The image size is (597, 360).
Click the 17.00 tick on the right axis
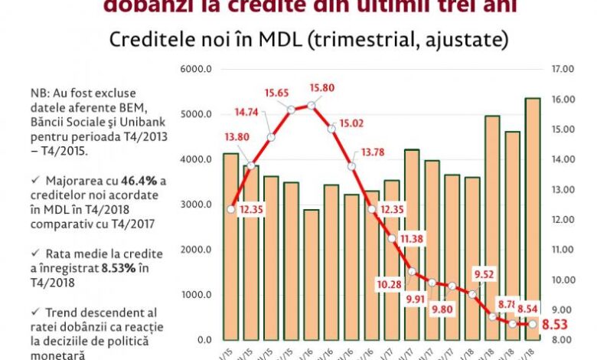563,70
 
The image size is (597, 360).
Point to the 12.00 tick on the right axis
563,220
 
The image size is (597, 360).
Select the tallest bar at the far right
532,218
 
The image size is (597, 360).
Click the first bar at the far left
230,245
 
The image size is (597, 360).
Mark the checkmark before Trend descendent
36,310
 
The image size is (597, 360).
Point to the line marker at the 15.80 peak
312,106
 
